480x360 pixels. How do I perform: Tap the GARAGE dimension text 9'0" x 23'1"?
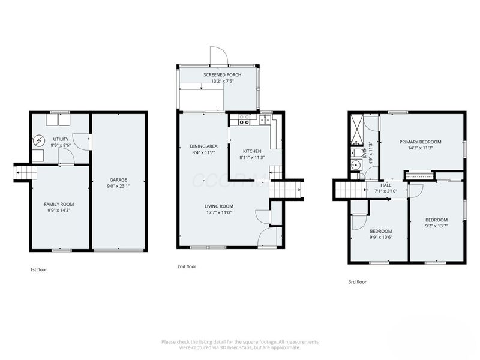[118, 187]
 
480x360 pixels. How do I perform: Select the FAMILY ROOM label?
[59, 204]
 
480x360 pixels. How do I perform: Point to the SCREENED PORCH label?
[222, 74]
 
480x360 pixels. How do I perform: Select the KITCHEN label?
[251, 151]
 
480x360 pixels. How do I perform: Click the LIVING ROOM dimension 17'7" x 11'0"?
[219, 212]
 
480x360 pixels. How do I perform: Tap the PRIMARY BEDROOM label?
[420, 142]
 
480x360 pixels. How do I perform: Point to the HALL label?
[386, 185]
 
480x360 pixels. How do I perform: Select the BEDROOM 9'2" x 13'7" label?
[436, 220]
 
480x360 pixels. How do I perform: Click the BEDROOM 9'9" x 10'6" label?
[380, 231]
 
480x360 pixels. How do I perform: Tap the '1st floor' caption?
[38, 270]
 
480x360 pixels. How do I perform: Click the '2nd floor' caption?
[187, 266]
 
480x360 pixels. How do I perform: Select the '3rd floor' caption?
[357, 281]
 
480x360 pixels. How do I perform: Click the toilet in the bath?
[355, 165]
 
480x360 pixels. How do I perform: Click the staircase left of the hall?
[351, 190]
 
